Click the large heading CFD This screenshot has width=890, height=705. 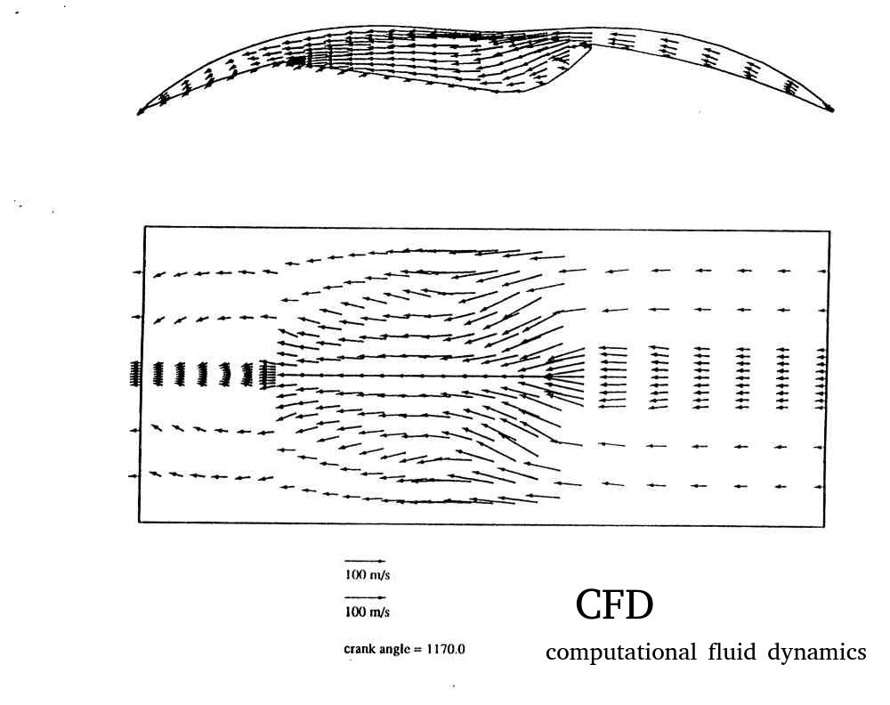pos(614,605)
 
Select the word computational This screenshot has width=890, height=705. pos(621,652)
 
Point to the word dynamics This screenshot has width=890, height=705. pos(817,652)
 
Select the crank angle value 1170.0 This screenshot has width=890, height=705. pos(446,649)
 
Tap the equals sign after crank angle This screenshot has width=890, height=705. pos(417,650)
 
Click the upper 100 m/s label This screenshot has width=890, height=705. pos(368,575)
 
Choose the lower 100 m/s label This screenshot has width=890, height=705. pos(368,612)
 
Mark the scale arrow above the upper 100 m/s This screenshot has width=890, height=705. pos(364,562)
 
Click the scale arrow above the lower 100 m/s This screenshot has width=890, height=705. pos(365,597)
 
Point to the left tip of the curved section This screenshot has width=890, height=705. pos(138,114)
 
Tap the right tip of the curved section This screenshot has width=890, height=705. pos(833,110)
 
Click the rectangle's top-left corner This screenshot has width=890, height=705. pos(145,227)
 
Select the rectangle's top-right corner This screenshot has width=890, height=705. pos(829,231)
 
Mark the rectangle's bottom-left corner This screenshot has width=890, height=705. pos(139,522)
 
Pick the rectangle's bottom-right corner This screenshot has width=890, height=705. pos(824,527)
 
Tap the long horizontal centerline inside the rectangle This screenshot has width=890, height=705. pos(415,376)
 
